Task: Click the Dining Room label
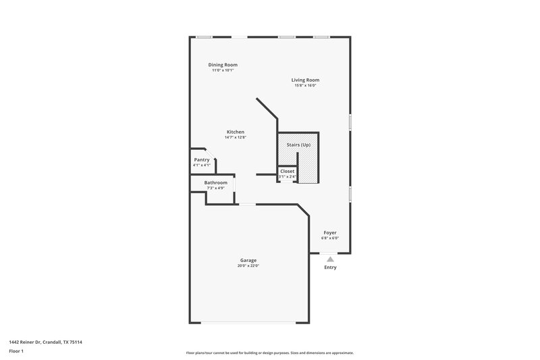[222, 65]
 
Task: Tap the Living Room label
[305, 80]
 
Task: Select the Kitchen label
[235, 132]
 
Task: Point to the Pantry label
[202, 159]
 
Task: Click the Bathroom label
[215, 182]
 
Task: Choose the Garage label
[248, 260]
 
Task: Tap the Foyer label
[329, 232]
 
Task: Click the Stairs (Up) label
[298, 145]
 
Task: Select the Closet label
[287, 172]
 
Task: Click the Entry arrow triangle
[329, 258]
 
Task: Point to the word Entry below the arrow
[329, 267]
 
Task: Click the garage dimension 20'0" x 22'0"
[248, 265]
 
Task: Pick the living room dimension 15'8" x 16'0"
[305, 86]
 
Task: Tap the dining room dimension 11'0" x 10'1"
[222, 70]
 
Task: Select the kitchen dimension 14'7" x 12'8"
[235, 137]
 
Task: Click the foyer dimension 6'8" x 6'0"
[329, 238]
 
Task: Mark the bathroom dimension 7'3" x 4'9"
[215, 188]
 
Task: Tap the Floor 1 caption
[16, 352]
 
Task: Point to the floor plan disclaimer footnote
[269, 353]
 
